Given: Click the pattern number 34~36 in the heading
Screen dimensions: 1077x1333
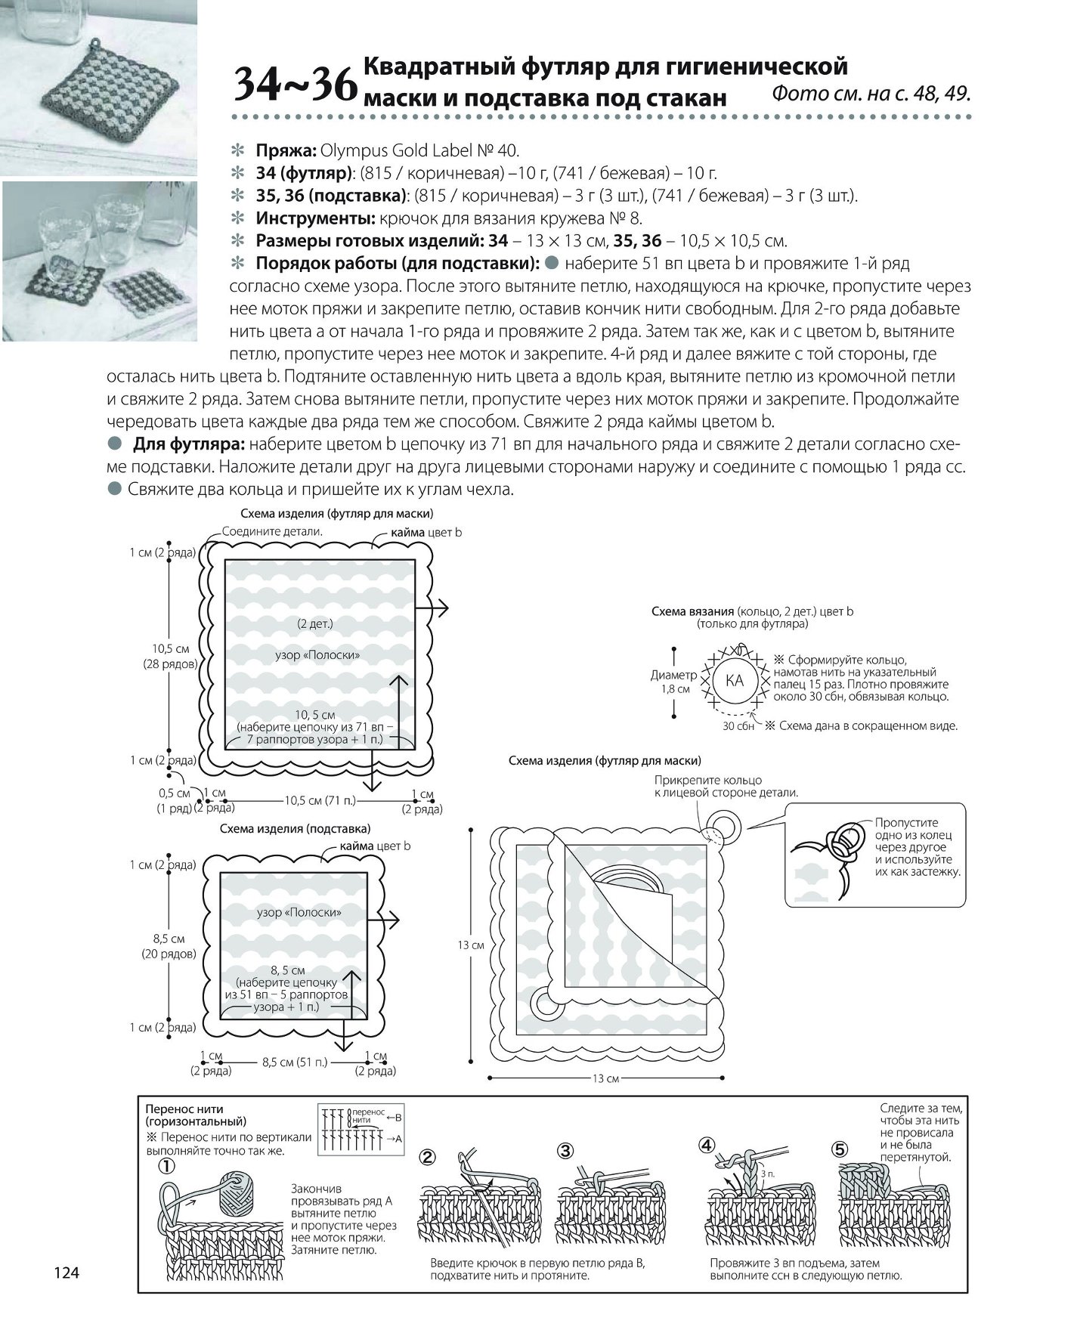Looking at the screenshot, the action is (296, 84).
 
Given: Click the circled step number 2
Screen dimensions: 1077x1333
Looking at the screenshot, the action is (428, 1157).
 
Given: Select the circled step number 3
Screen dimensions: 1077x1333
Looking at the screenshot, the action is (566, 1151).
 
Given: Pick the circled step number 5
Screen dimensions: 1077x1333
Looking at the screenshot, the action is (840, 1150).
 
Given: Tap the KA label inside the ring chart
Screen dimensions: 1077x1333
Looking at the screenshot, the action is (734, 680).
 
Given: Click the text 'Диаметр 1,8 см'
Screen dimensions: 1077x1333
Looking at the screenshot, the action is (673, 682).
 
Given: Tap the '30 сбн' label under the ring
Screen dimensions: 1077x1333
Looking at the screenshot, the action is (738, 726).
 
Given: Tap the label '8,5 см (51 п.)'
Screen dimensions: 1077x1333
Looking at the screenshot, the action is (295, 1062).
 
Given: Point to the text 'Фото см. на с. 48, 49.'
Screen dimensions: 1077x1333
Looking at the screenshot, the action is (871, 94).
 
